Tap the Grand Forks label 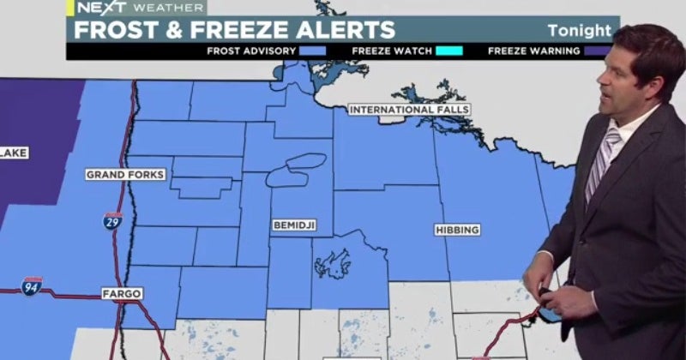coord(124,175)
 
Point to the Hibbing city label coord(456,230)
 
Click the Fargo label coord(121,293)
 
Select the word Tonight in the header coord(580,31)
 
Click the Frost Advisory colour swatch coord(312,51)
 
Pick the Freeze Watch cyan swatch coord(448,51)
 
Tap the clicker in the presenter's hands coord(545,300)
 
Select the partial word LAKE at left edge coord(15,153)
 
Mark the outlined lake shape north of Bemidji coord(296,169)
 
